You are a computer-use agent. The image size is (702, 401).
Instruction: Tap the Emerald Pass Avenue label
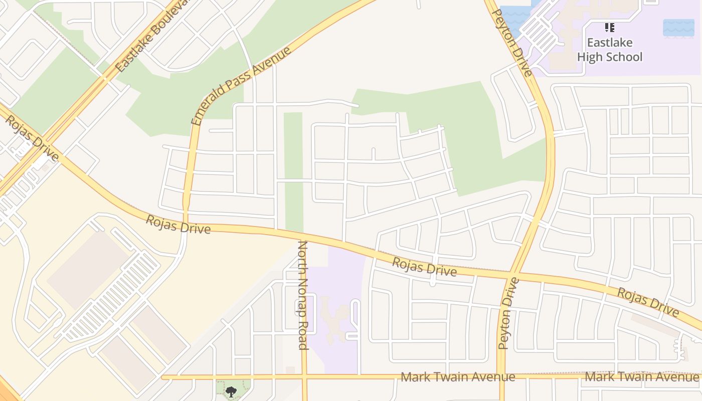tap(241, 86)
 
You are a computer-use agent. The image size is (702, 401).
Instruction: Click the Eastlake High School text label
tap(609, 50)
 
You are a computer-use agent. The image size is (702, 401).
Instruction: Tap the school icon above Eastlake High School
tap(609, 28)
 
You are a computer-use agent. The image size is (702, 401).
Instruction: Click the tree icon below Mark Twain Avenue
tap(231, 391)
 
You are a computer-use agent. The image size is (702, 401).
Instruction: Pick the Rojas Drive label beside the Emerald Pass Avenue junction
tap(178, 224)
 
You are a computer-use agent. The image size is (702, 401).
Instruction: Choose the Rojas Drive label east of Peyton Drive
tap(647, 302)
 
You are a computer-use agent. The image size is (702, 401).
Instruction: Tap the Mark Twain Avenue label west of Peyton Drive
tap(458, 377)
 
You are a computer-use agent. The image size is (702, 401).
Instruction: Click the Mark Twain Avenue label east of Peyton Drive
tap(642, 376)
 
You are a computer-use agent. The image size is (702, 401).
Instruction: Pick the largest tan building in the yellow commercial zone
tap(88, 271)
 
